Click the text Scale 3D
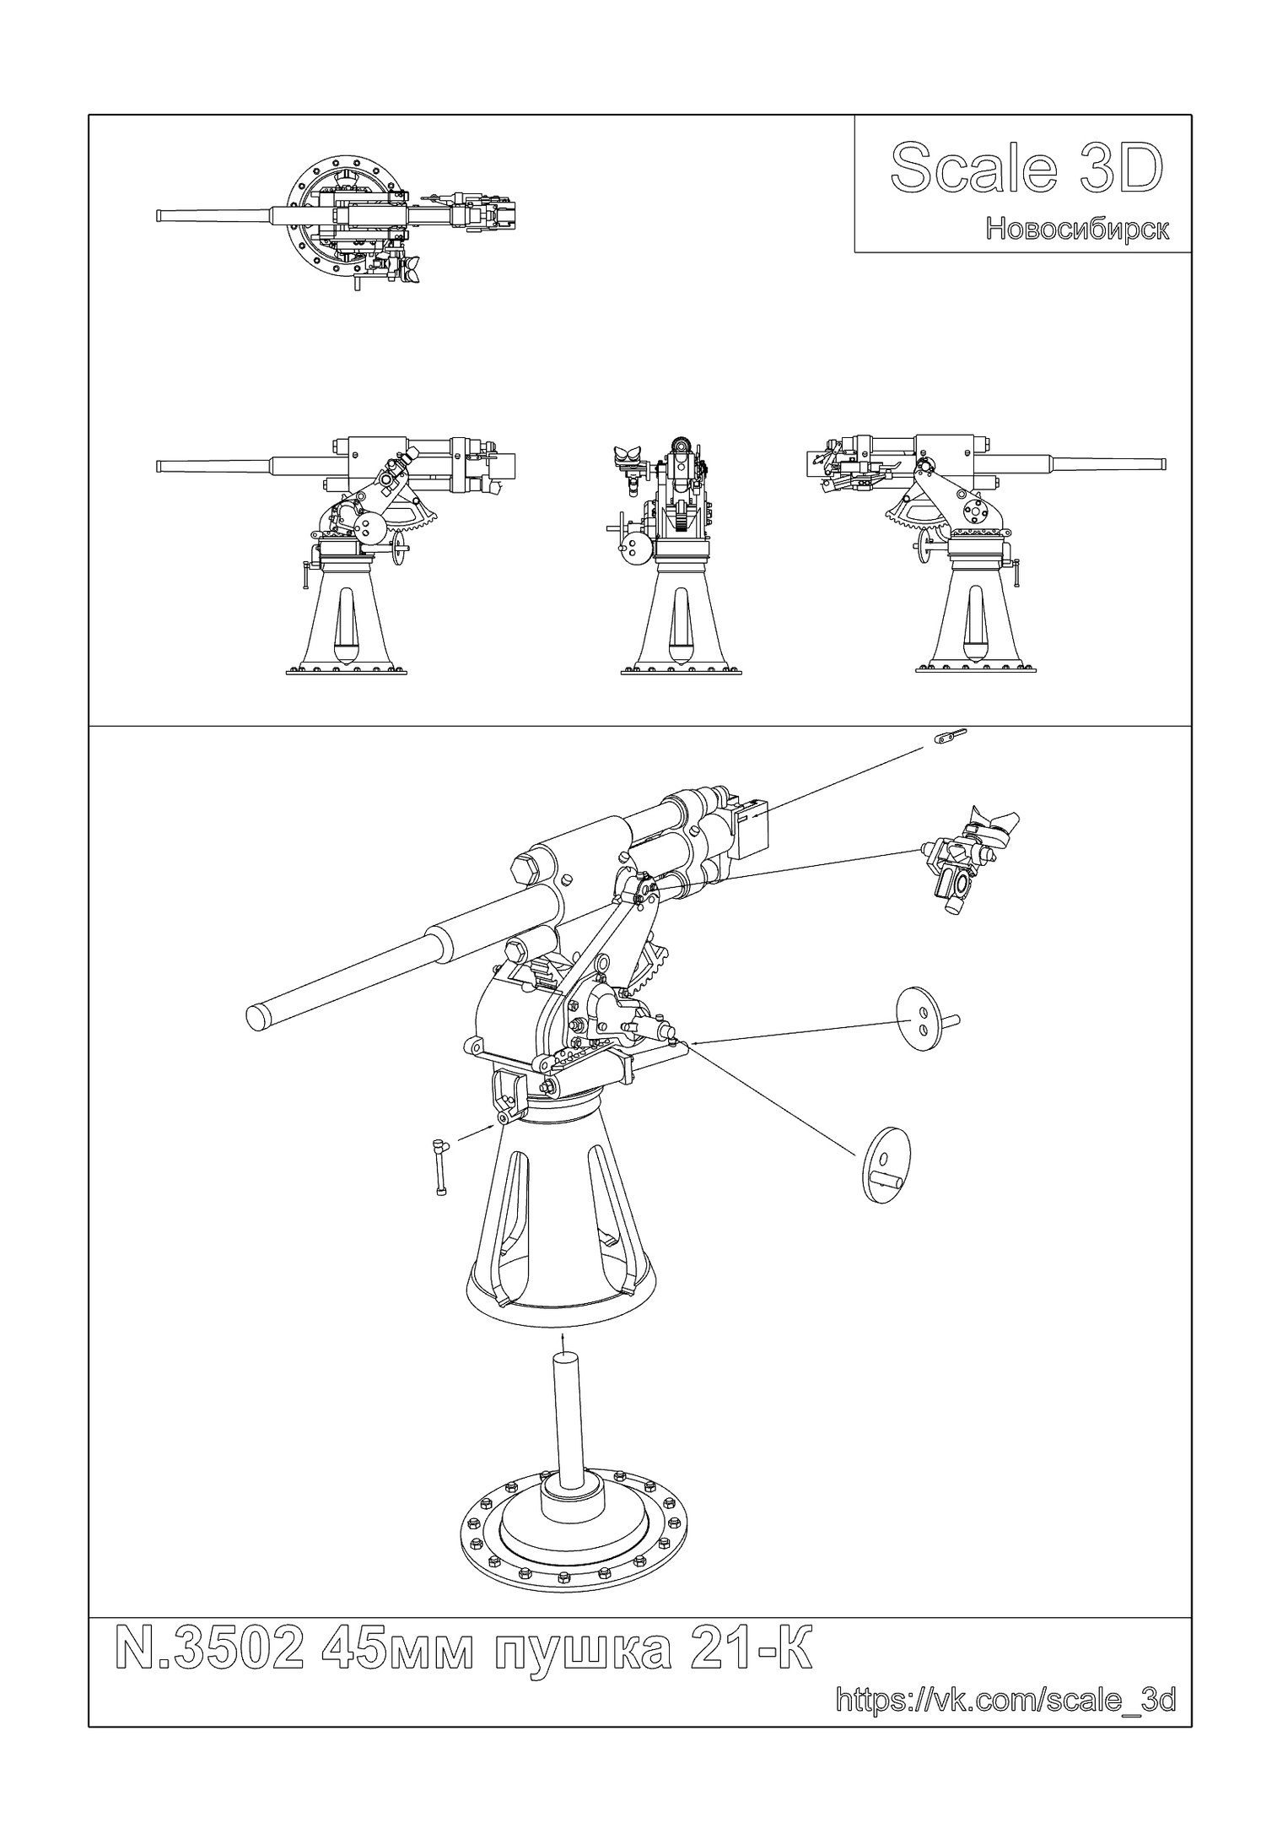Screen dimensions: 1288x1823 pyautogui.click(x=1026, y=169)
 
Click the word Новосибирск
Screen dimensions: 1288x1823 pyautogui.click(x=1077, y=229)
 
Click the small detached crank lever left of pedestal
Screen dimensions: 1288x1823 pyautogui.click(x=441, y=1167)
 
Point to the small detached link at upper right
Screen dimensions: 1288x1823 pyautogui.click(x=950, y=737)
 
